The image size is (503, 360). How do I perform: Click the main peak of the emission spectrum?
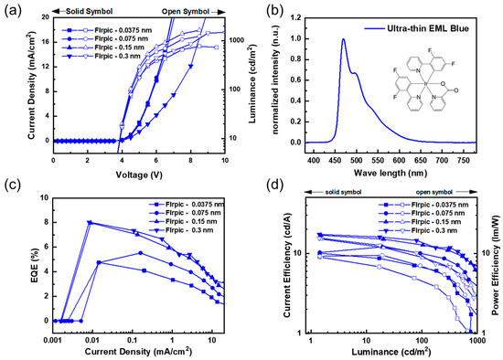tap(343, 39)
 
